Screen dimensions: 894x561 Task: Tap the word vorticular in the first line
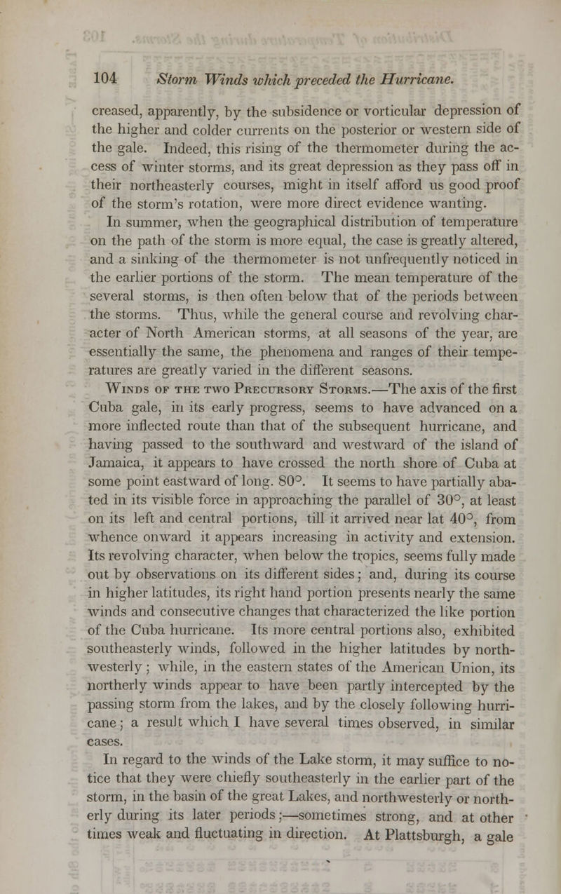pyautogui.click(x=398, y=109)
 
